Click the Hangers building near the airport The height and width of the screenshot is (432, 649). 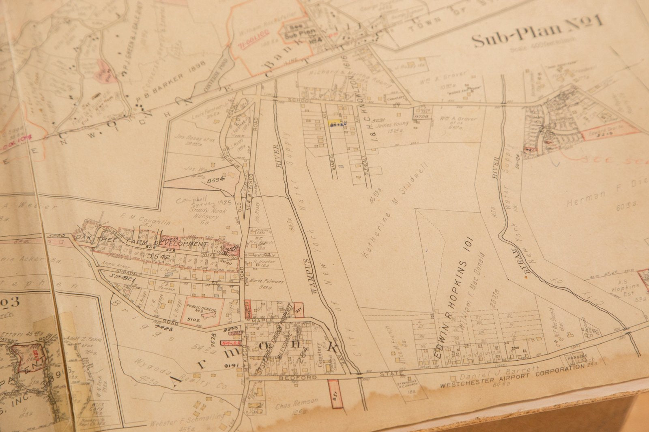(x=578, y=357)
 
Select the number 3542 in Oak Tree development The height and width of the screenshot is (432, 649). (x=158, y=257)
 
